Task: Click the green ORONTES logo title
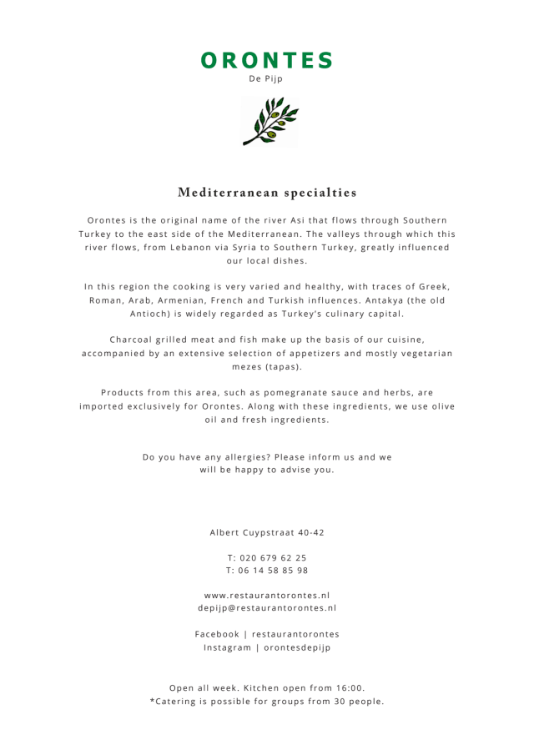coord(267,60)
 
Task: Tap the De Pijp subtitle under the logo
coord(266,79)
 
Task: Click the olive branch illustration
coord(269,122)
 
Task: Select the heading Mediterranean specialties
coord(267,193)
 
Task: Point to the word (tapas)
coord(284,366)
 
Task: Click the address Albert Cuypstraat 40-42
coord(267,532)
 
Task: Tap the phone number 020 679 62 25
coord(273,557)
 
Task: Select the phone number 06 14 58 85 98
coord(273,571)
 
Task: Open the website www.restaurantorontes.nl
coord(267,596)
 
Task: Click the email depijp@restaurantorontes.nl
coord(267,608)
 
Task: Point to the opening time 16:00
coord(347,687)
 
